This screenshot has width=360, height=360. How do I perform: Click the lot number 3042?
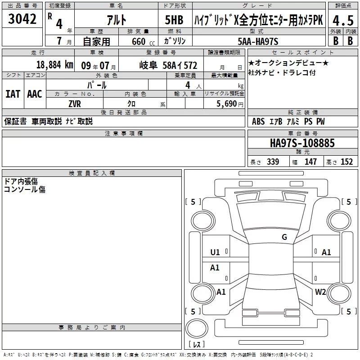point(22,19)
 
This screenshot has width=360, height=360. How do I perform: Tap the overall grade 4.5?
point(343,20)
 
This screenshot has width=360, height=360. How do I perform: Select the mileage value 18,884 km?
point(55,65)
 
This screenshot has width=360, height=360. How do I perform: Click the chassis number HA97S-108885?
point(302,143)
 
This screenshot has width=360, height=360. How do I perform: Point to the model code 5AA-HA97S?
point(258,41)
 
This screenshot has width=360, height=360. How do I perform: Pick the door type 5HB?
point(174,20)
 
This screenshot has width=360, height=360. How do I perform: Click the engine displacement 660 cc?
point(143,42)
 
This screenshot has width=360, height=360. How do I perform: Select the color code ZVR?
point(75,104)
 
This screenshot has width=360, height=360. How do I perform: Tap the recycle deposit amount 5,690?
point(226,104)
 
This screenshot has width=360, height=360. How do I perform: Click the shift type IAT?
point(13,94)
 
